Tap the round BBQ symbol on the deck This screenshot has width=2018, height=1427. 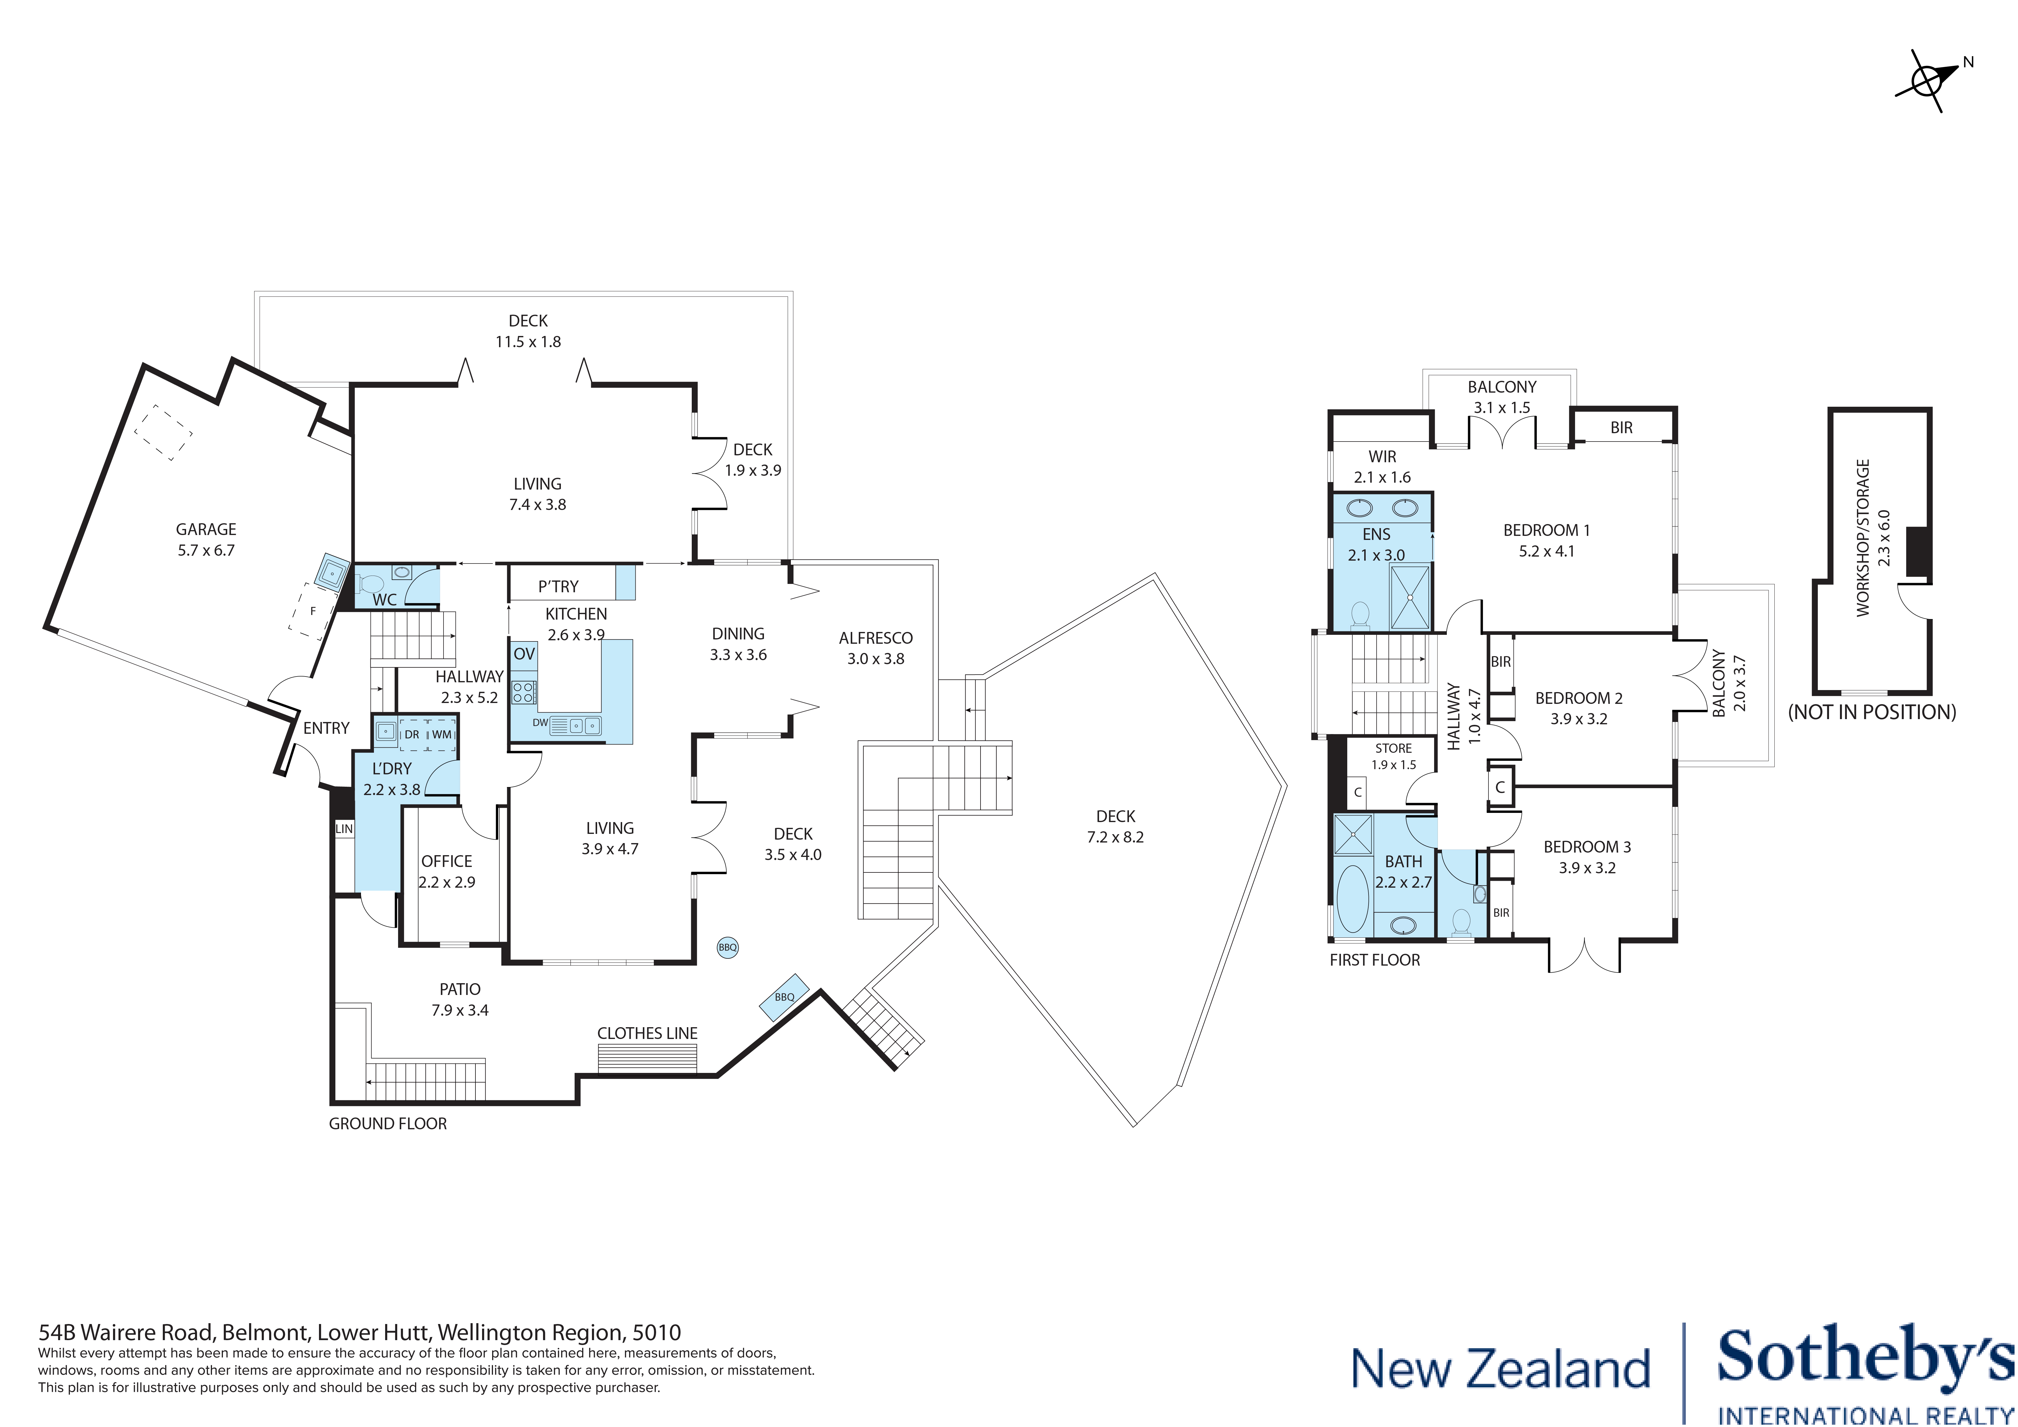click(728, 947)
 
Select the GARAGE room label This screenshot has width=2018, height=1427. click(206, 529)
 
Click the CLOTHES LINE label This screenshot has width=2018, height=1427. click(648, 1033)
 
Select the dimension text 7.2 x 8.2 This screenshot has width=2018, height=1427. click(1115, 837)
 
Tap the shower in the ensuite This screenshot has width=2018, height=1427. click(1410, 597)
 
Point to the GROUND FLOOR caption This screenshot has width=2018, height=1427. click(388, 1124)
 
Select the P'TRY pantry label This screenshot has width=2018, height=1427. click(558, 587)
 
